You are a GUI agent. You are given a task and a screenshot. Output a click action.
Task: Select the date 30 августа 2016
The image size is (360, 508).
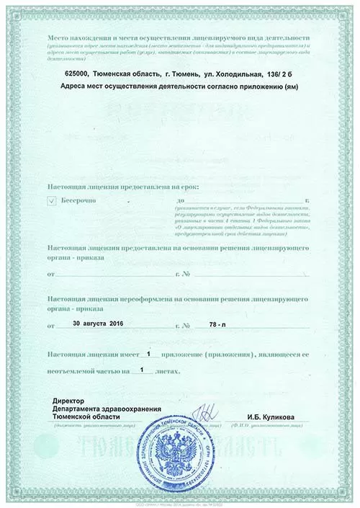click(99, 325)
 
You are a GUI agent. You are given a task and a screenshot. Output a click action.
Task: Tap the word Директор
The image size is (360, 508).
click(69, 400)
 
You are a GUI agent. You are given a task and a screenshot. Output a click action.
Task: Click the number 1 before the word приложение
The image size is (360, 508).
click(149, 354)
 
